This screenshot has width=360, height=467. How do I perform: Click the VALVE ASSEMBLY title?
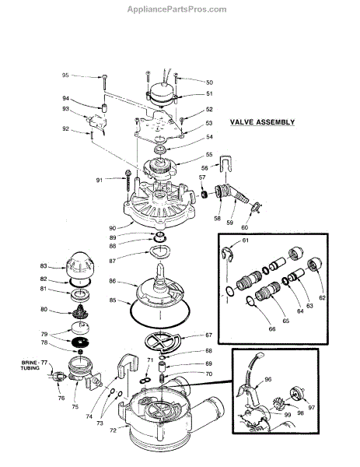pyautogui.click(x=262, y=122)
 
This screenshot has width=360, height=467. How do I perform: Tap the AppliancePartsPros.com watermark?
pyautogui.click(x=177, y=9)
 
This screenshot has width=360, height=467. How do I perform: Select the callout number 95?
pyautogui.click(x=65, y=75)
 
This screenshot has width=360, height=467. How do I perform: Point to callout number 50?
pyautogui.click(x=209, y=83)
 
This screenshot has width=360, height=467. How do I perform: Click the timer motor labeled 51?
pyautogui.click(x=161, y=95)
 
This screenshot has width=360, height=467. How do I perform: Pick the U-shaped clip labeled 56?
pyautogui.click(x=225, y=163)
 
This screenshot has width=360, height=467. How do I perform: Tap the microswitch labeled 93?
pyautogui.click(x=96, y=122)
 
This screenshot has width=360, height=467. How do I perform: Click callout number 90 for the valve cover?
pyautogui.click(x=113, y=228)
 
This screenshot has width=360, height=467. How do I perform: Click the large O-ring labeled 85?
pyautogui.click(x=160, y=327)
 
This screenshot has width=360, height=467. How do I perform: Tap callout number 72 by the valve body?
pyautogui.click(x=113, y=430)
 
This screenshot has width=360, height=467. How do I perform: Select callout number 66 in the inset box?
pyautogui.click(x=272, y=329)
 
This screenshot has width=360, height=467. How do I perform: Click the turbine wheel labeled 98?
pyautogui.click(x=280, y=402)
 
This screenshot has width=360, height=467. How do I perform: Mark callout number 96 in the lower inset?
pyautogui.click(x=268, y=379)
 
